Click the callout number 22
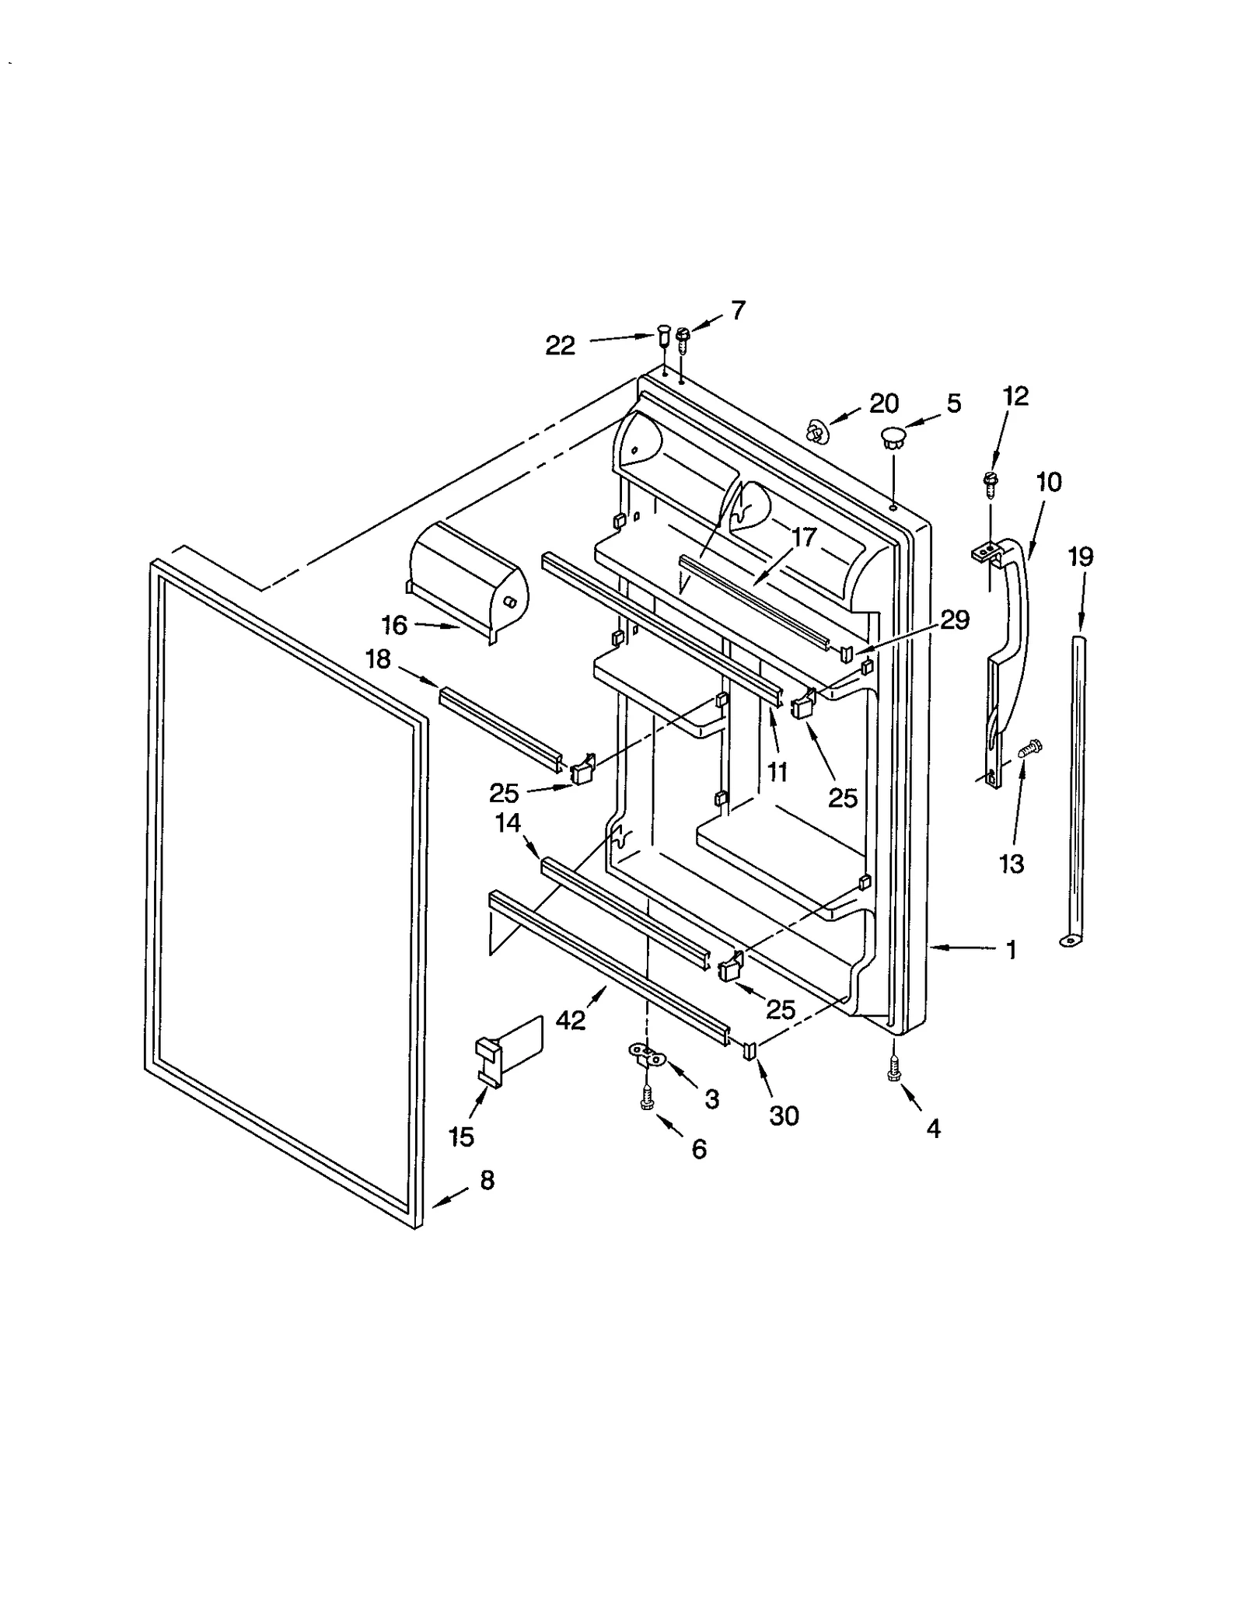(x=559, y=345)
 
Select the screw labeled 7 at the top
(x=683, y=338)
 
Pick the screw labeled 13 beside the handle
(x=1029, y=749)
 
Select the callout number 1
(x=1011, y=949)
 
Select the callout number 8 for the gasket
(x=487, y=1181)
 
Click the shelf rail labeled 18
(x=501, y=728)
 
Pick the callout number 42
(x=571, y=1020)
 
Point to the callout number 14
(x=508, y=822)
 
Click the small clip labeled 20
(x=816, y=430)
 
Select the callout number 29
(x=954, y=620)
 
